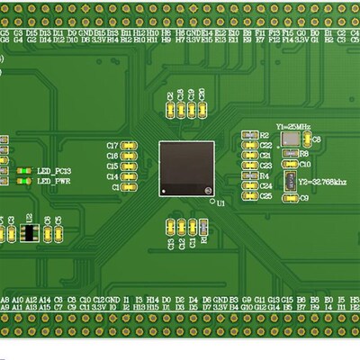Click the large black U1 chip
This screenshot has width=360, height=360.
point(187,167)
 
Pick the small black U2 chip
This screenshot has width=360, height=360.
point(29,232)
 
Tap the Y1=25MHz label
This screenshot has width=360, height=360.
point(294,126)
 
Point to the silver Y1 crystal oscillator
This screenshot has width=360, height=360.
point(292,140)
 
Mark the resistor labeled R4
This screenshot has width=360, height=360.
point(249,175)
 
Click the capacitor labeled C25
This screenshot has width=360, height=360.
point(249,196)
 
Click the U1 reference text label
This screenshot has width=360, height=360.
point(220,205)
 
